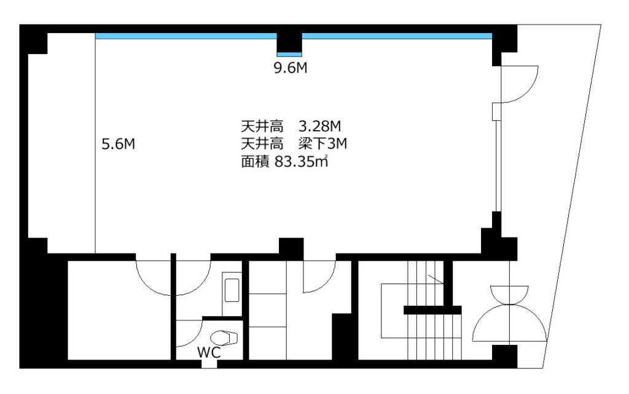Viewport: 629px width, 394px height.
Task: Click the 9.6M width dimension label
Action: click(291, 68)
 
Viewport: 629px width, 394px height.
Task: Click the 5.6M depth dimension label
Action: click(119, 144)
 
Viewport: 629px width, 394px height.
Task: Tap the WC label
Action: click(209, 353)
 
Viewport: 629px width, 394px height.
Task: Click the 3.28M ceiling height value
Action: click(319, 126)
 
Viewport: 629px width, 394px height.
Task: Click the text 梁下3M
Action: click(322, 143)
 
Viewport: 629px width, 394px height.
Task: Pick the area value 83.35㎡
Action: click(301, 161)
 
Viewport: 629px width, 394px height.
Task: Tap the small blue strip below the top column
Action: click(289, 55)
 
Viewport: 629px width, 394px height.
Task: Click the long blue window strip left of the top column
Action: click(186, 36)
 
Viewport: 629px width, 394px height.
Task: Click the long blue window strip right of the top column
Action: click(397, 36)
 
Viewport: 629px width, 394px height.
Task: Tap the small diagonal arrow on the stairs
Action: click(436, 279)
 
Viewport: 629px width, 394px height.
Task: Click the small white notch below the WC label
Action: click(209, 364)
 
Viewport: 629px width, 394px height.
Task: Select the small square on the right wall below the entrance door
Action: click(496, 112)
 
